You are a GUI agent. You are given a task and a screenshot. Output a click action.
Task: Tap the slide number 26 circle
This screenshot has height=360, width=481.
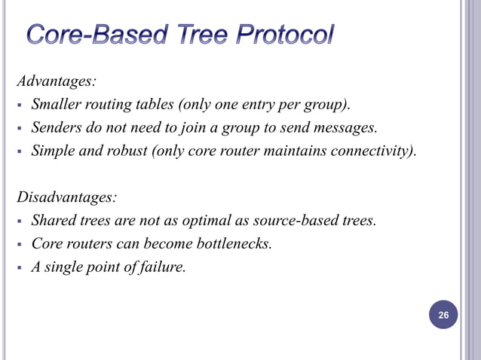click(443, 315)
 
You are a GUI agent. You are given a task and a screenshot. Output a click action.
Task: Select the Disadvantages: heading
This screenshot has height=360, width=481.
click(67, 197)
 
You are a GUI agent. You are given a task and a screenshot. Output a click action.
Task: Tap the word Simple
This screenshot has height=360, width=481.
click(51, 151)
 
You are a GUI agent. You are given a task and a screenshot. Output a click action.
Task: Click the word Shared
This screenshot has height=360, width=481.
click(52, 221)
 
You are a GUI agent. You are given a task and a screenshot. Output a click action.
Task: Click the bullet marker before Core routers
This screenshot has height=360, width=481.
click(20, 244)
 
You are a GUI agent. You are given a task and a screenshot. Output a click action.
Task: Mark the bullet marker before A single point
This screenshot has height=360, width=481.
click(20, 267)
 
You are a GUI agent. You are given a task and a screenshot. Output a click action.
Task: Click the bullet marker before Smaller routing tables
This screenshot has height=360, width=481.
click(20, 104)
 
